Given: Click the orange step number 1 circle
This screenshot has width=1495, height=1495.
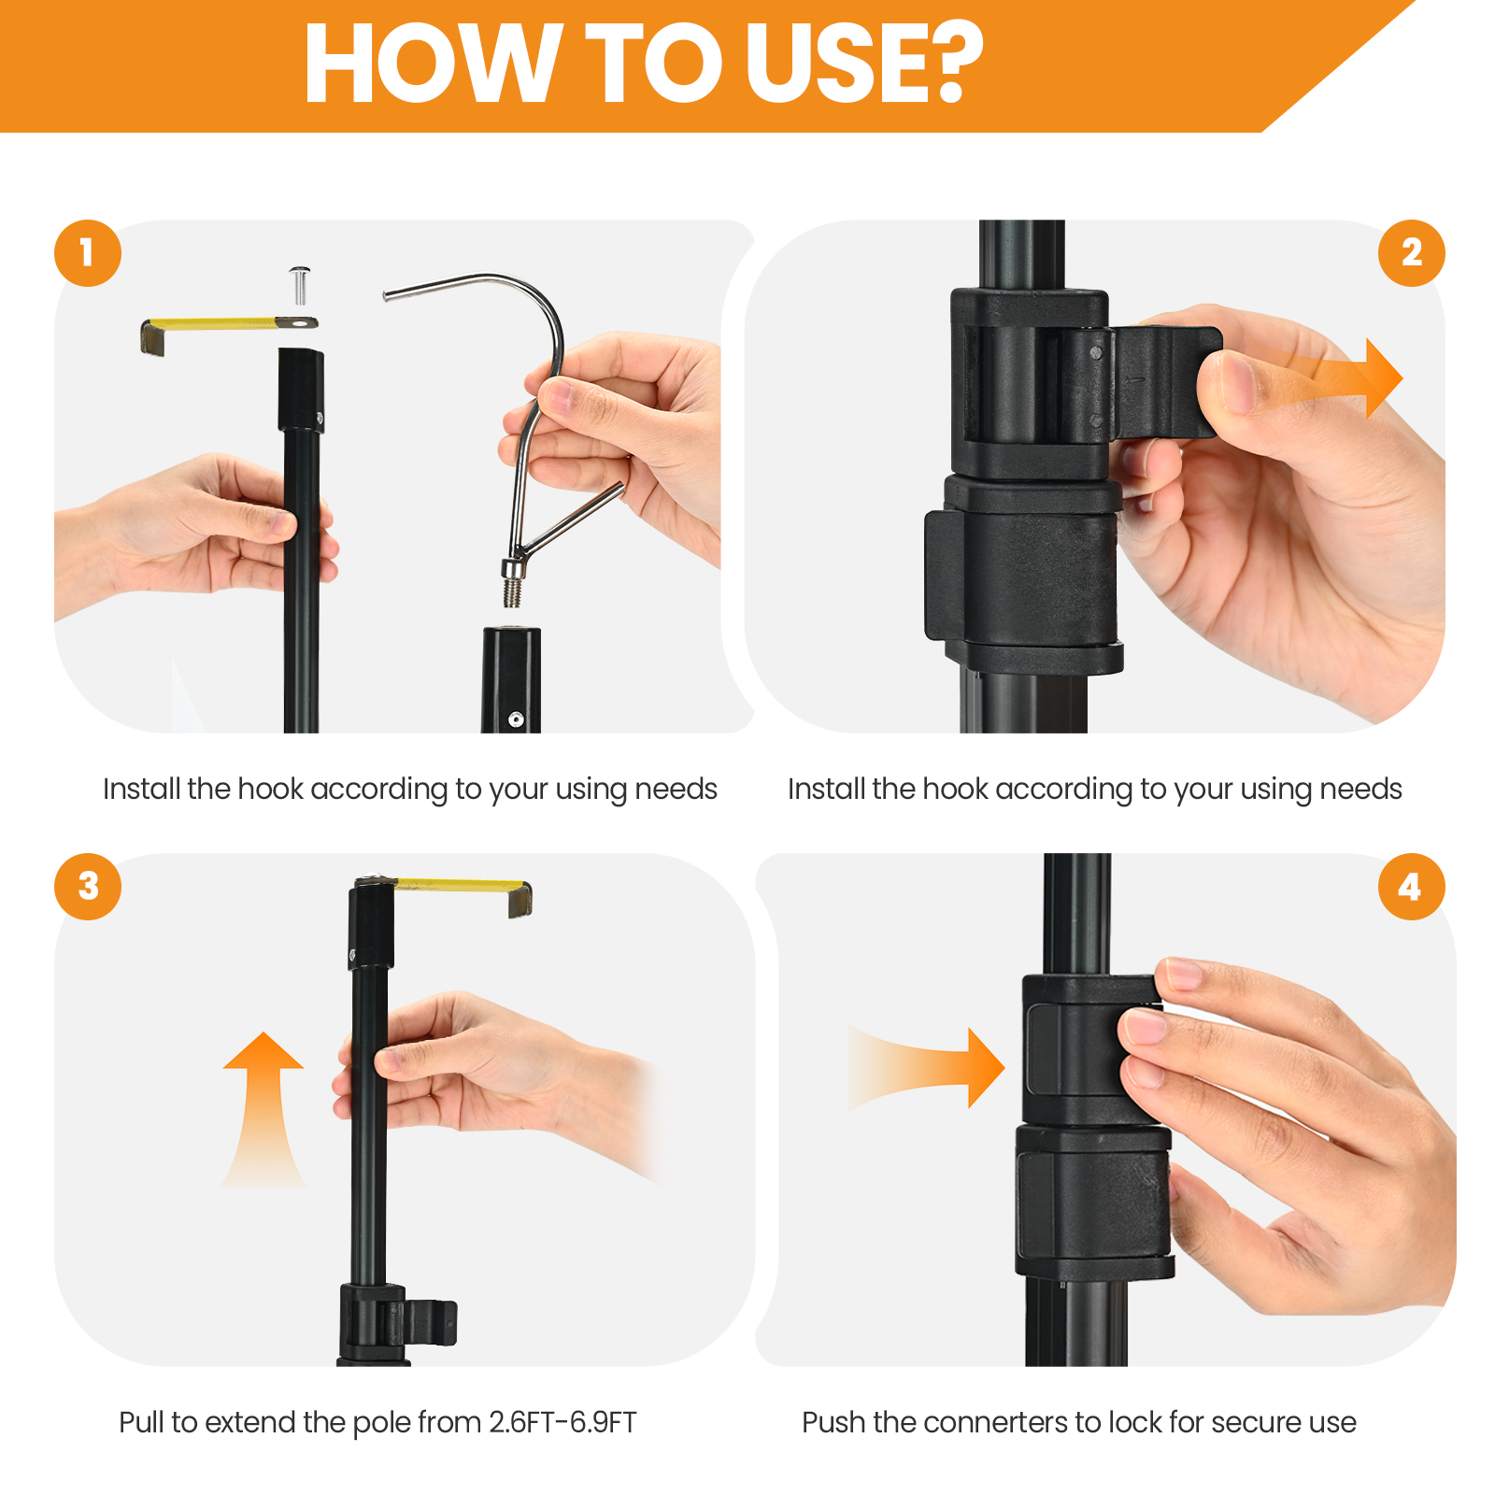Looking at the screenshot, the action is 88,253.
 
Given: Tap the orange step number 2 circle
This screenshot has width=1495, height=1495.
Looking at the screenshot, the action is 1411,253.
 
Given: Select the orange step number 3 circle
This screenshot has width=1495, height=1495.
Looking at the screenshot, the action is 88,886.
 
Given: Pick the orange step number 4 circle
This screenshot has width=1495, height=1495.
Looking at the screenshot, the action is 1411,886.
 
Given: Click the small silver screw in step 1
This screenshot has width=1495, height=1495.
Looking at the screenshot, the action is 300,284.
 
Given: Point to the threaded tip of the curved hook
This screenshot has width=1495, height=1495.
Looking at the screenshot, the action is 512,592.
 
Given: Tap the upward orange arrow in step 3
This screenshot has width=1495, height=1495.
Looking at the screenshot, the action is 263,1110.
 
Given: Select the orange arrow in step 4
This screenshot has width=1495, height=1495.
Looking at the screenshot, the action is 926,1068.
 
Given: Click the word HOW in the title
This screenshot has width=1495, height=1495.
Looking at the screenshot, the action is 433,64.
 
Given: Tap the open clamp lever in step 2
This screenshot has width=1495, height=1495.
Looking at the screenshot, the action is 1164,381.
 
